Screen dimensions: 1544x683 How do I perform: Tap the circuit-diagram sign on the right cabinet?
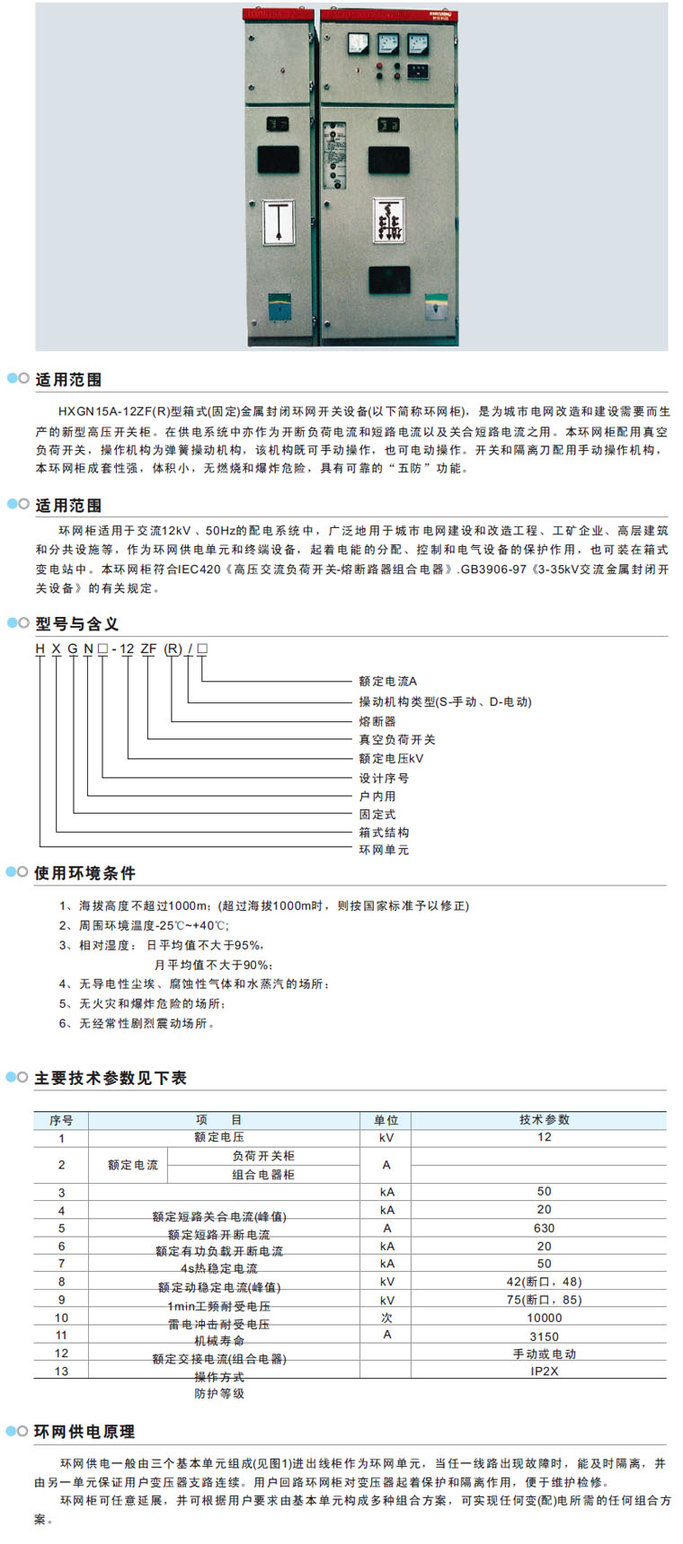tap(389, 220)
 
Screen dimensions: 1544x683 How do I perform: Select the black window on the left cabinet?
tap(278, 159)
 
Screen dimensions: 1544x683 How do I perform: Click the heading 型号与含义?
tap(76, 623)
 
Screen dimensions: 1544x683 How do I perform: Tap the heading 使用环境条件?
tap(84, 872)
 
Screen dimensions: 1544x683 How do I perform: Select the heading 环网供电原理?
tap(84, 1431)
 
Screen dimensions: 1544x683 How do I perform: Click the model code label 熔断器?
tap(377, 721)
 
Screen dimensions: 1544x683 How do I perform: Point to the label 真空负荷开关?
tap(397, 739)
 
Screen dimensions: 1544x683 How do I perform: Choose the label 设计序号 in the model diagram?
tap(384, 778)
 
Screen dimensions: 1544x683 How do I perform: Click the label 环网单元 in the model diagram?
tap(384, 850)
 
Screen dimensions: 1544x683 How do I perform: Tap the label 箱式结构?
tap(384, 832)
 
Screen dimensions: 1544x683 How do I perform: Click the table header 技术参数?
tap(544, 1120)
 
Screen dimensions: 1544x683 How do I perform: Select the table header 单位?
tap(386, 1120)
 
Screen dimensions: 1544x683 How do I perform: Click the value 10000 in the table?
tap(544, 1318)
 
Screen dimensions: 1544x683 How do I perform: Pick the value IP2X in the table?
tap(544, 1372)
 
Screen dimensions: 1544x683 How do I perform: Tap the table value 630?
tap(544, 1228)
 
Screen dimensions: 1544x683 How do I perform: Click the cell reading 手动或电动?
tap(544, 1354)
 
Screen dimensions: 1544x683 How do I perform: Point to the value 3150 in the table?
tap(544, 1337)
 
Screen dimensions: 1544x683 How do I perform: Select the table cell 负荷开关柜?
tap(263, 1156)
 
